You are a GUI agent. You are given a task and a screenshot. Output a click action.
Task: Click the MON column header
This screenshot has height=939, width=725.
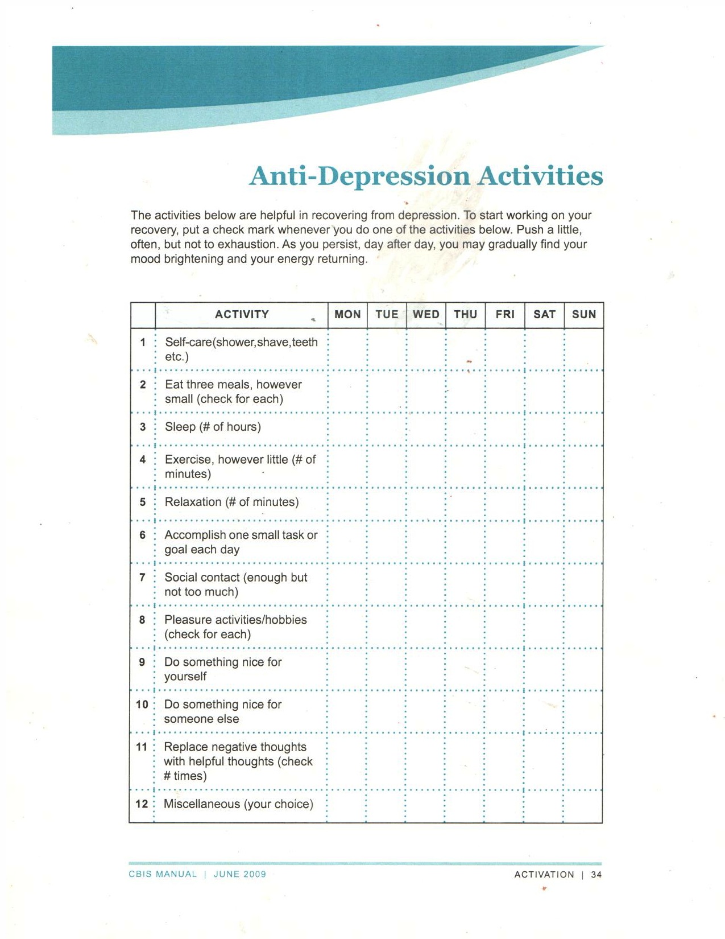pos(347,315)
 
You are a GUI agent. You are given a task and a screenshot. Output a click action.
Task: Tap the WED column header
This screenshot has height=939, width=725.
pos(426,315)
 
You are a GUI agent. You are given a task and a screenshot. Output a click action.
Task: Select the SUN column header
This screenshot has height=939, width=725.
pos(584,315)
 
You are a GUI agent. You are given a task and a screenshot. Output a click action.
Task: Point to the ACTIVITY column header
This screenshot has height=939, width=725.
pos(242,315)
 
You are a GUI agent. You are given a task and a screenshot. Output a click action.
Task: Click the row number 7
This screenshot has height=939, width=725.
pos(142,578)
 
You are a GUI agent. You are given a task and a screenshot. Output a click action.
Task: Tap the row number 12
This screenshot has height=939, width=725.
pos(142,804)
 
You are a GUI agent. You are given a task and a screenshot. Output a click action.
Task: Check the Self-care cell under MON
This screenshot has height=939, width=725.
pos(347,349)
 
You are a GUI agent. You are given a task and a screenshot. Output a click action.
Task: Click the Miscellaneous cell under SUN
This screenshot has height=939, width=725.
pos(583,806)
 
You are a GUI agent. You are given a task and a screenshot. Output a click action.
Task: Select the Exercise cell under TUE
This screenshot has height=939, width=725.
pos(387,467)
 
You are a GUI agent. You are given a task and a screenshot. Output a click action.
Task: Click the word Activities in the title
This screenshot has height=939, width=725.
pos(540,175)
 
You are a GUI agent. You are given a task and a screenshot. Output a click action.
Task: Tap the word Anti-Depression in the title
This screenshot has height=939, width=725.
pos(360,176)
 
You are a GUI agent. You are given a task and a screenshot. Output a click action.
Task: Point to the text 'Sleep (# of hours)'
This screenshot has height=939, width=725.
pos(213,427)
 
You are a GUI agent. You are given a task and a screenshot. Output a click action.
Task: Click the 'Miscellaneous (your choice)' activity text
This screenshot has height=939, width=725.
pos(238,804)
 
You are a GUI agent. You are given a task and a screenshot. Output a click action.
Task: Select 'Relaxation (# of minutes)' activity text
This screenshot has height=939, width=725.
pos(231,502)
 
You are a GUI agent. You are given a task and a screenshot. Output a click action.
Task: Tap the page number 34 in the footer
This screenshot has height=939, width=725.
pos(596,875)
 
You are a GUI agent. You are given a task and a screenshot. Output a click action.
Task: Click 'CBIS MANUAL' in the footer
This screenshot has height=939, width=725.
pos(163,875)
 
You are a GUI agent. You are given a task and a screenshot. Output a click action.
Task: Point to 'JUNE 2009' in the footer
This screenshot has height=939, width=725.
pos(240,875)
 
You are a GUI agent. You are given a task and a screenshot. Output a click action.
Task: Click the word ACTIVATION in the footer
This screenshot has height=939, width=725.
pos(544,875)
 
